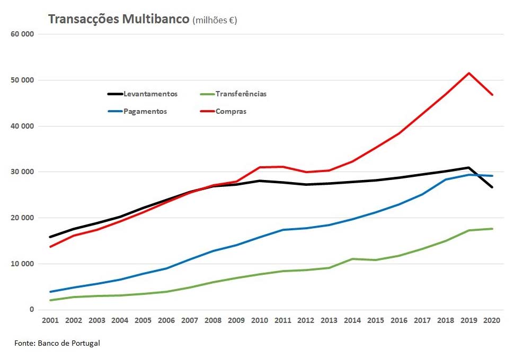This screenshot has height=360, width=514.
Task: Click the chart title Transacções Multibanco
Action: (119, 20)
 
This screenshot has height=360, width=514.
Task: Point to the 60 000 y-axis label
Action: (22, 34)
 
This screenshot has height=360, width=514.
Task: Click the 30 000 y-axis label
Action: (22, 172)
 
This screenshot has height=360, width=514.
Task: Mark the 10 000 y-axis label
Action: (22, 264)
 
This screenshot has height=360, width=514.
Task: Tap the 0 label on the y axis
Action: (32, 310)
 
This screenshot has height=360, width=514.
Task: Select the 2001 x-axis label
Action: (50, 321)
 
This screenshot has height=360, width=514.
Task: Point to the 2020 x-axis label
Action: (492, 321)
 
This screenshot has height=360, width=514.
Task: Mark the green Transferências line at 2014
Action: (352, 259)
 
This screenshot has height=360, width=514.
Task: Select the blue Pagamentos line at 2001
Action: (50, 292)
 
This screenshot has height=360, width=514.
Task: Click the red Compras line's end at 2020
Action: (492, 95)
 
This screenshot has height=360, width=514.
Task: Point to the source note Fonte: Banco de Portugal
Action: (57, 343)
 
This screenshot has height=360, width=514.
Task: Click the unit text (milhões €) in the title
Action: (215, 21)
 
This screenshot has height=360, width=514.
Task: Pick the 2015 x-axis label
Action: (376, 321)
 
